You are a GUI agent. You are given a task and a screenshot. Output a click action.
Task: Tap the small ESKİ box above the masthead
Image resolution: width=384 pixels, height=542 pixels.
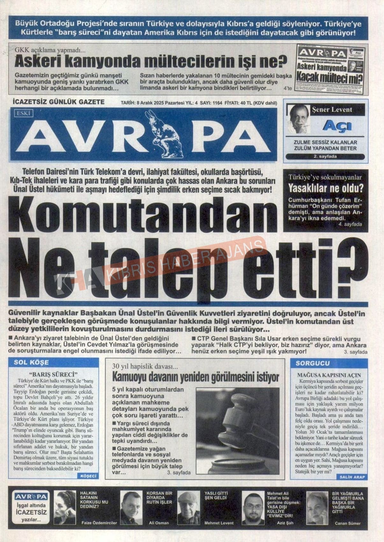click(x=24, y=113)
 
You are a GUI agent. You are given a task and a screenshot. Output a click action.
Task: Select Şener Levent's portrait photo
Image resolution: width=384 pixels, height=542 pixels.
click(x=299, y=119)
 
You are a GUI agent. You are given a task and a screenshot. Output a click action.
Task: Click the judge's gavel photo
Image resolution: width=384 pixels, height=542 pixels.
click(x=237, y=431)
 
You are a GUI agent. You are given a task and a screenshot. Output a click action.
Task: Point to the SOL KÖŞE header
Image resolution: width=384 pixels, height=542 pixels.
click(x=31, y=363)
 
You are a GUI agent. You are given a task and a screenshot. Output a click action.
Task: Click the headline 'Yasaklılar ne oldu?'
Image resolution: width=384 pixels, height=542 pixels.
click(x=325, y=188)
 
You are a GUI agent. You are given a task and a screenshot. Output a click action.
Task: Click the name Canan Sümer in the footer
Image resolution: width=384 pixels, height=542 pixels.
click(x=348, y=523)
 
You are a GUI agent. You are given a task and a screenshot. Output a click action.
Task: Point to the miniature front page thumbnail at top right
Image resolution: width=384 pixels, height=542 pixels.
click(x=330, y=69)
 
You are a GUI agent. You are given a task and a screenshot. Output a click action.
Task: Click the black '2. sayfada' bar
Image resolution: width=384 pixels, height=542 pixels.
click(x=325, y=157)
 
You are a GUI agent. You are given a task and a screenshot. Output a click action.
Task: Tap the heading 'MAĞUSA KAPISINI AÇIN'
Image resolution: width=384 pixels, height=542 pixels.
click(x=329, y=375)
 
